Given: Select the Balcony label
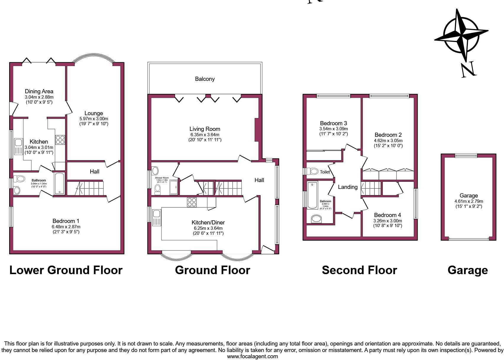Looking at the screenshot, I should (x=205, y=79).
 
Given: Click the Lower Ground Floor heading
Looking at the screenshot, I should (x=66, y=270).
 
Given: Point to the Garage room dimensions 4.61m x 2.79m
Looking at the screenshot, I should (x=469, y=201).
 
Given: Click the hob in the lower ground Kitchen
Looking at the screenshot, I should (x=60, y=140).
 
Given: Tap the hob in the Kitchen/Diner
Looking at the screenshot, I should (x=192, y=202).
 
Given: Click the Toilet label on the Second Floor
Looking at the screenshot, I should (x=325, y=172).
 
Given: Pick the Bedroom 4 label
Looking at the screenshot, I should (x=387, y=215).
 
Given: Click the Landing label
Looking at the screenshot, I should (x=348, y=187).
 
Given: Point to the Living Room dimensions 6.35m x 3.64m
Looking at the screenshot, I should (x=205, y=134).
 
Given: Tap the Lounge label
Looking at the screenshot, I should (x=93, y=113).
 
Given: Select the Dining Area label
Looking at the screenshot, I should (x=39, y=91).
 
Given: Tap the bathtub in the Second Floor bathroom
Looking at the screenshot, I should (x=312, y=195).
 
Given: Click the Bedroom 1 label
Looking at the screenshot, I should (x=66, y=221).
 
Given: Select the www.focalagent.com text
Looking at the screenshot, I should (x=252, y=356).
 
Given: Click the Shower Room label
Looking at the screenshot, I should (x=162, y=178).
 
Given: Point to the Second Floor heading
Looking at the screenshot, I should (x=359, y=270).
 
